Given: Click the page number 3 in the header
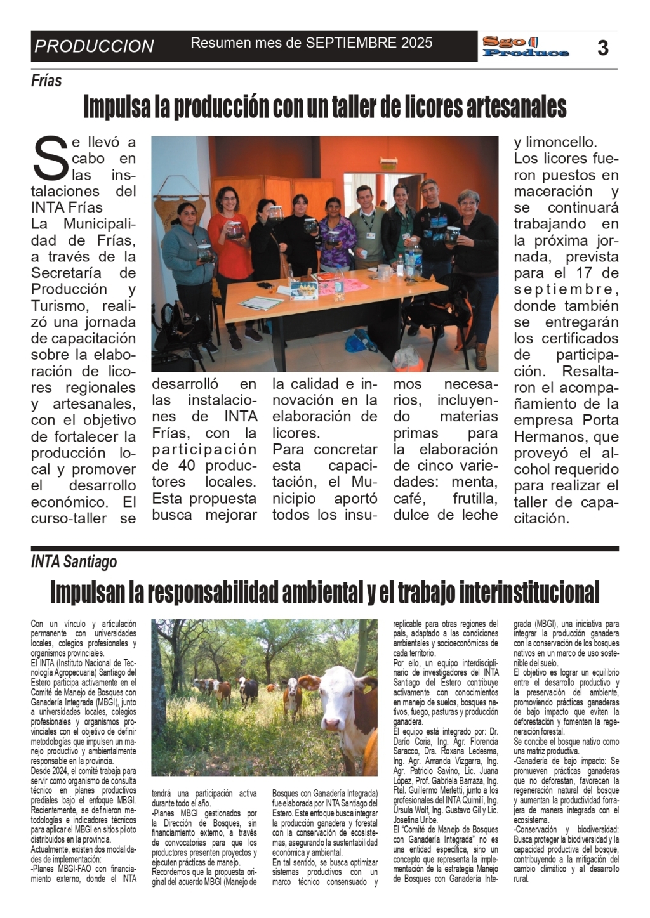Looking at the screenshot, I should pyautogui.click(x=603, y=47).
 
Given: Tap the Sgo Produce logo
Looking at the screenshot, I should pyautogui.click(x=525, y=47).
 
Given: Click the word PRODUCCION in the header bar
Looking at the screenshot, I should pyautogui.click(x=94, y=46).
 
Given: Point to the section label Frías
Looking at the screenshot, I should pyautogui.click(x=46, y=81).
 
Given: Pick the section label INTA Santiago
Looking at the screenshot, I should pyautogui.click(x=74, y=561).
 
